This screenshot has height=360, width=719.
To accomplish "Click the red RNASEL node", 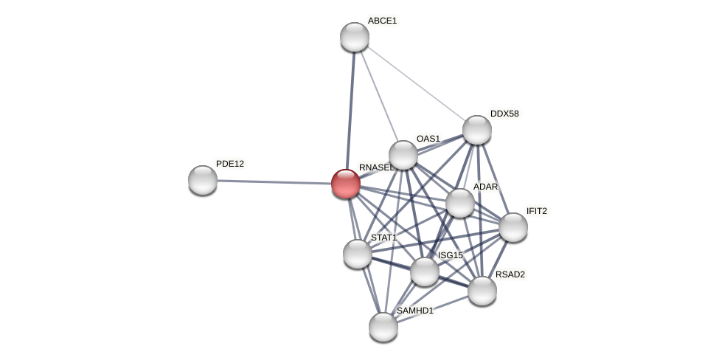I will tap(345, 184).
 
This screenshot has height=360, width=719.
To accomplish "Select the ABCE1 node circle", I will tap(355, 37).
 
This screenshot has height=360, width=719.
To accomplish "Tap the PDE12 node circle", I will tap(203, 180).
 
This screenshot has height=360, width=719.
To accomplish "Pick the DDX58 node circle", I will tap(477, 130).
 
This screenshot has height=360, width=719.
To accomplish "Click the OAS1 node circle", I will tap(403, 155).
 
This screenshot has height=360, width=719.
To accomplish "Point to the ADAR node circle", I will tap(460, 203).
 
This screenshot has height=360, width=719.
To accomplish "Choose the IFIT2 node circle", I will tap(513, 227).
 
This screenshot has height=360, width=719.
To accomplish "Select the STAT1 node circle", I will tap(358, 254).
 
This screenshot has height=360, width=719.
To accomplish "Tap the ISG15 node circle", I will tap(425, 271).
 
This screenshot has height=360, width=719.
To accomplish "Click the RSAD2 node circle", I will tap(482, 291).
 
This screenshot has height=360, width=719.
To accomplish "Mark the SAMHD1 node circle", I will tap(383, 327).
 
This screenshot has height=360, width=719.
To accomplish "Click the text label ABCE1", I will tap(382, 21).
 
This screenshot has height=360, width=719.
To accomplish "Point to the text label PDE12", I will tap(230, 164).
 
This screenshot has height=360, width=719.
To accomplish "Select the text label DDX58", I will tap(504, 114).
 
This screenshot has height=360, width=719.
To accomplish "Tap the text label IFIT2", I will tap(536, 211).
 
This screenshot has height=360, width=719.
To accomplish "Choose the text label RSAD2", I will tap(510, 274).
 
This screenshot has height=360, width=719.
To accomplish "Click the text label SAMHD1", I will tap(415, 311).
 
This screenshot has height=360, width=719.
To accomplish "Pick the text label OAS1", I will tap(428, 139).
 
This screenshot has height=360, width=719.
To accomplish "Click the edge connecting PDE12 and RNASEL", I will tap(273, 181).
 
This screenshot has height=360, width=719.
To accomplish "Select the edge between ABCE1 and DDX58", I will tap(416, 83).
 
